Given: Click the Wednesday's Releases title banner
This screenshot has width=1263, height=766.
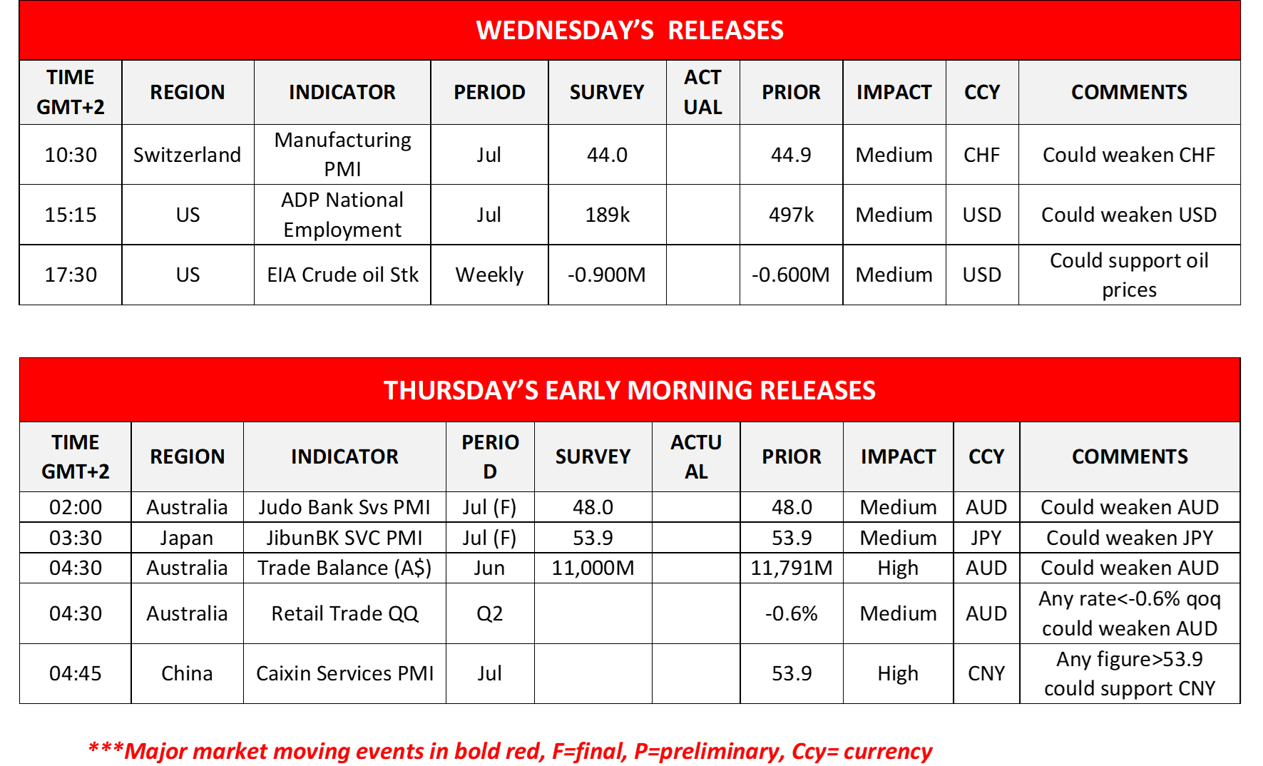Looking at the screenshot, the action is tap(630, 30).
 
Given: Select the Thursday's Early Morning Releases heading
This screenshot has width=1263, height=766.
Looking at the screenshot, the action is tap(630, 390).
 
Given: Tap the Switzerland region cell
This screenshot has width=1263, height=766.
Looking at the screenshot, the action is tap(188, 155).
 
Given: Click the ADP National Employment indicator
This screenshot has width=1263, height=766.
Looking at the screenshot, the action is tap(342, 215).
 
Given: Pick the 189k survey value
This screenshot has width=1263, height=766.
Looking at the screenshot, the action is tap(607, 215).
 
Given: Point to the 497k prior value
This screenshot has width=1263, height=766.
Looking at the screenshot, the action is tap(791, 215).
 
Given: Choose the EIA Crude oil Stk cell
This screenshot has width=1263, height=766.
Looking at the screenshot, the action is tap(342, 275).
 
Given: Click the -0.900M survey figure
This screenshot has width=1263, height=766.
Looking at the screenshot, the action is tap(607, 275).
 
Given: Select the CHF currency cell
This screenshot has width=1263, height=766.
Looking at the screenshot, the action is tap(982, 155).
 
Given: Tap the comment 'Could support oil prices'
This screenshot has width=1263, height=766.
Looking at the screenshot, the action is tap(1130, 275).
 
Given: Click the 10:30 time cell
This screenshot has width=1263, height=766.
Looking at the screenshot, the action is tap(71, 155).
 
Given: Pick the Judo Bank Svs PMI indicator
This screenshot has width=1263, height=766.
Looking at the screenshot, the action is tap(344, 507).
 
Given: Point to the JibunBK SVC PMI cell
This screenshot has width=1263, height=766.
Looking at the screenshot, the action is tap(344, 538).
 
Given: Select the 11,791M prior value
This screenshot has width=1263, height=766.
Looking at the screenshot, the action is tap(792, 568).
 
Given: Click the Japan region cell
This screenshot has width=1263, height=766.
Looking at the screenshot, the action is tap(187, 538).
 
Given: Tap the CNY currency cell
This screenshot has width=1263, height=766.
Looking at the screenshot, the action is tap(986, 673).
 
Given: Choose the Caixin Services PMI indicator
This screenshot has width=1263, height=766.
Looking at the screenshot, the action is tap(344, 673).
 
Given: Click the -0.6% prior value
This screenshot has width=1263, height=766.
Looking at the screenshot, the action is tap(792, 613).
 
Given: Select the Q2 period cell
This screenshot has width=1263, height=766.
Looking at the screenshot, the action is tap(490, 613).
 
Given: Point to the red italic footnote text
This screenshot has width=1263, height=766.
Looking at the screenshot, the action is tap(510, 751).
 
